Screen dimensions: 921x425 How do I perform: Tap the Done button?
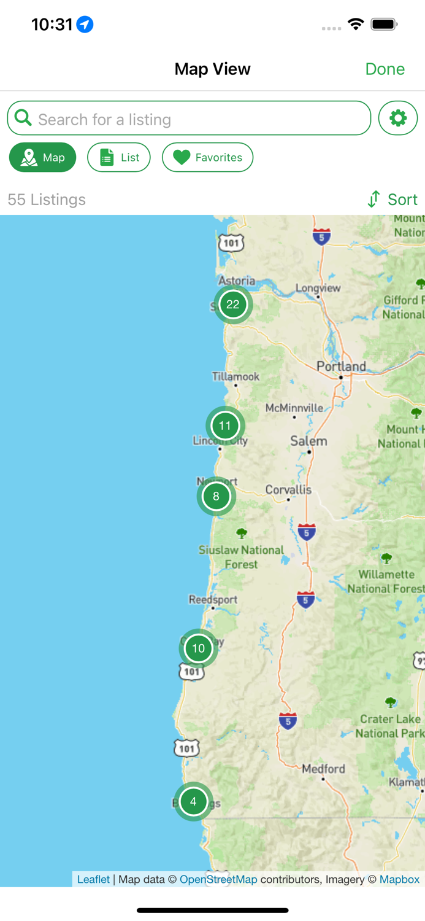tap(385, 69)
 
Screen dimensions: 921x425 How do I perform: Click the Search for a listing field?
tap(189, 119)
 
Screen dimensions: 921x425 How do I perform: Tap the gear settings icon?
tap(398, 118)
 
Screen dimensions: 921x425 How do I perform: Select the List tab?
tap(119, 158)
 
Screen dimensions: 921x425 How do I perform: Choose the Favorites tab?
tap(207, 158)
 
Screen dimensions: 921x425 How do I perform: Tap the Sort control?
tap(392, 200)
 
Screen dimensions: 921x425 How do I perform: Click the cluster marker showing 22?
tap(233, 304)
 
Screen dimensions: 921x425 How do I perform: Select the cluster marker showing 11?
tap(225, 426)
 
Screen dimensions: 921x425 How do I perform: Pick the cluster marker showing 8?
tap(216, 496)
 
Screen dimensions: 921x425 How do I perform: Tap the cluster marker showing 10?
tap(198, 648)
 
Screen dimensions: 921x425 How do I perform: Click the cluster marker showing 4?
tap(193, 801)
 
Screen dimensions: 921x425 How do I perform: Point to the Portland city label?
tap(341, 367)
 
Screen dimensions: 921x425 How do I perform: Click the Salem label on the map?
tap(308, 441)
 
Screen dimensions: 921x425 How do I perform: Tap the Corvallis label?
tap(288, 490)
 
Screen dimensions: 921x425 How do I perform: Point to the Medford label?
tap(323, 769)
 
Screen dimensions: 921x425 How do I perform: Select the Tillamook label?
tap(235, 376)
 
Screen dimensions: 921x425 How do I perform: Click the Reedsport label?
tap(213, 599)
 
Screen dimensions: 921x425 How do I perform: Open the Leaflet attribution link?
tap(93, 879)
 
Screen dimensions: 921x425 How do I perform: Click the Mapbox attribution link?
tap(399, 879)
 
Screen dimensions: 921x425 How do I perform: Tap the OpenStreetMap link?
tap(218, 879)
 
